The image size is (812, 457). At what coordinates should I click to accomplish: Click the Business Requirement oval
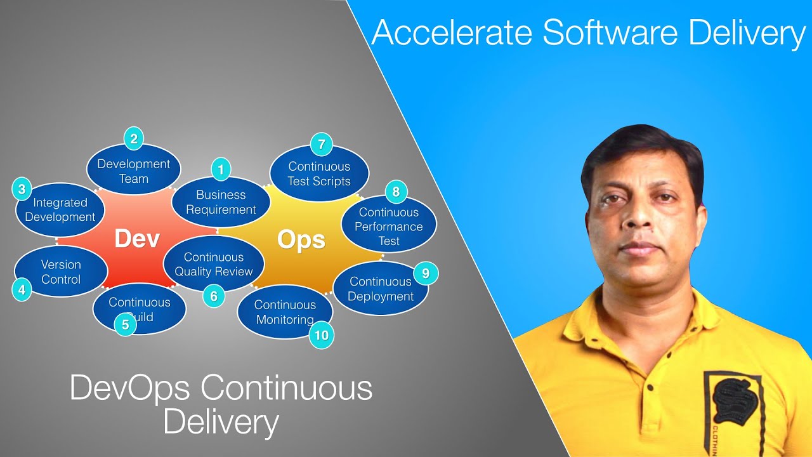(221, 202)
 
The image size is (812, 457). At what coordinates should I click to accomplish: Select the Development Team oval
(134, 171)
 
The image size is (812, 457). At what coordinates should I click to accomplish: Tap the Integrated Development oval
(60, 210)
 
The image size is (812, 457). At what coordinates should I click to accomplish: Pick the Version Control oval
(60, 272)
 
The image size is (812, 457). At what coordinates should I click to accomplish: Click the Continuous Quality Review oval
(214, 264)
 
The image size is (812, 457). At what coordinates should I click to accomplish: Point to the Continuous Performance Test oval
(389, 227)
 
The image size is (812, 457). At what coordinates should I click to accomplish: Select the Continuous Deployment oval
(381, 289)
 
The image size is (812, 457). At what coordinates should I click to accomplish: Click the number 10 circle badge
(322, 335)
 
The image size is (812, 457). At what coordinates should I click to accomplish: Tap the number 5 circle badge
(125, 325)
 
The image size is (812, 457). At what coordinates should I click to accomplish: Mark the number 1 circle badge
(221, 169)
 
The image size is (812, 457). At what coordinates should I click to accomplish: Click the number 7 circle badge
(322, 145)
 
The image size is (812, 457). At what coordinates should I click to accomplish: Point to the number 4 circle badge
(22, 291)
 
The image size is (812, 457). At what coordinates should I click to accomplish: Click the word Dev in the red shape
(137, 239)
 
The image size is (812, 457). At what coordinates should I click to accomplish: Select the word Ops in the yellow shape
(301, 240)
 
